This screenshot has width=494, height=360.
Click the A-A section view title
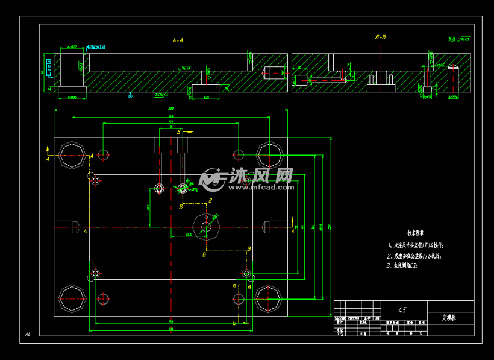(178, 40)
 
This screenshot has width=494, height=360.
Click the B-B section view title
(380, 37)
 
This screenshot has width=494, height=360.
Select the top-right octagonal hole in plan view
(268, 154)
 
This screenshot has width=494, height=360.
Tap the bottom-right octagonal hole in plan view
(268, 297)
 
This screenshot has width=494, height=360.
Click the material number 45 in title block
(402, 310)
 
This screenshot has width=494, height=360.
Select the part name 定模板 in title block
(449, 316)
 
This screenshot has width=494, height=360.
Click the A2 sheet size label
(28, 333)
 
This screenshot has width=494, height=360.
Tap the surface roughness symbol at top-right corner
(459, 39)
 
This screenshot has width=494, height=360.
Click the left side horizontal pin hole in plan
(66, 227)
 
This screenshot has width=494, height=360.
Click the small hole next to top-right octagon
(239, 154)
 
